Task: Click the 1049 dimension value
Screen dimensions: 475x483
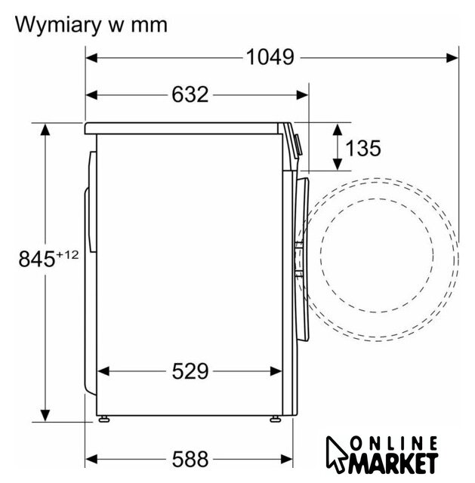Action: click(x=270, y=57)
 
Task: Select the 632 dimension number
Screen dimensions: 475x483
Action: click(x=190, y=94)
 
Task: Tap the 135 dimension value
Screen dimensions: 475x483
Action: click(x=363, y=148)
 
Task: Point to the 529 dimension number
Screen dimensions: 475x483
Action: click(x=190, y=371)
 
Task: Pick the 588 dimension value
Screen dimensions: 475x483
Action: click(x=190, y=460)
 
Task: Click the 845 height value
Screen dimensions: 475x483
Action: click(x=37, y=259)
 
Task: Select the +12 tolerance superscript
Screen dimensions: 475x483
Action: click(x=67, y=255)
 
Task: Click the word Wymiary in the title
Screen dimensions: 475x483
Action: click(x=57, y=25)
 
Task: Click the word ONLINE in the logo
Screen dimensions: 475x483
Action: click(x=393, y=444)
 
